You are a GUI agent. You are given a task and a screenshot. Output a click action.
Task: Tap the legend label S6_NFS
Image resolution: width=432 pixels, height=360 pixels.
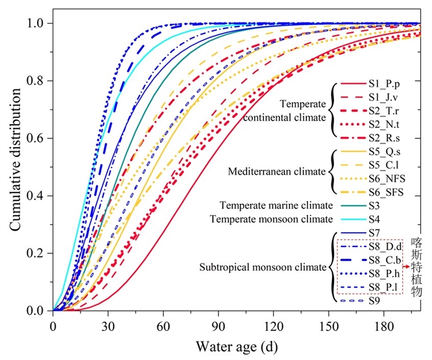click(x=386, y=178)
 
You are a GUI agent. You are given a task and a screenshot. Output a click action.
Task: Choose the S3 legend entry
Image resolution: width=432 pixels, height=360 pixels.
click(x=375, y=204)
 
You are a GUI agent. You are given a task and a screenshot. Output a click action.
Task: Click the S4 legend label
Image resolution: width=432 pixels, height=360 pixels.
click(x=375, y=219)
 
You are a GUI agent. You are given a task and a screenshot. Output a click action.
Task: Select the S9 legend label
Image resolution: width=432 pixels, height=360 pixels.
click(x=375, y=301)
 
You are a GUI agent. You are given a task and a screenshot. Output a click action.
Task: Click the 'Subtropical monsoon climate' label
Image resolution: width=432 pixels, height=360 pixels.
click(x=262, y=267)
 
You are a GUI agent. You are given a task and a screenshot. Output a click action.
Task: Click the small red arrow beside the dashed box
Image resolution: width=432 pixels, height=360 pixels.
click(x=406, y=266)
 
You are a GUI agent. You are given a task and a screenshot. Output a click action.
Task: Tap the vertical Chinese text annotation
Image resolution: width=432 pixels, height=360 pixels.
click(x=416, y=267)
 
